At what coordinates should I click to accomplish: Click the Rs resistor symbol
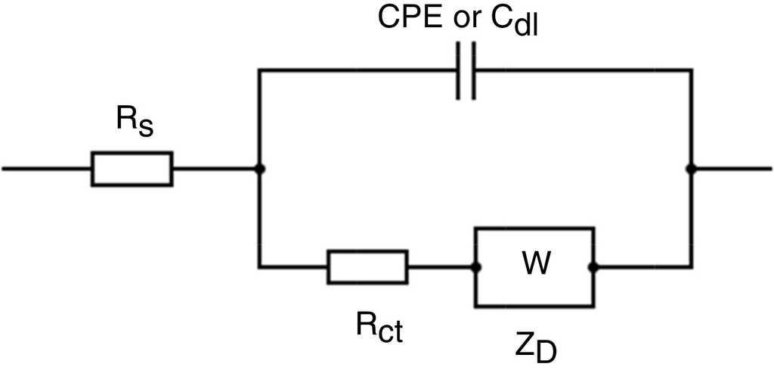point(132,169)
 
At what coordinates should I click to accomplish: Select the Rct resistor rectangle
point(367,267)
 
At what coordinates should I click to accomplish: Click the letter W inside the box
point(535,264)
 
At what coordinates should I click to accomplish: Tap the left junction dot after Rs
point(259,169)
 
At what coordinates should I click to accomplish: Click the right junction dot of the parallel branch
point(690,169)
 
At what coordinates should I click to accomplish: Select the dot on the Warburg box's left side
point(476,267)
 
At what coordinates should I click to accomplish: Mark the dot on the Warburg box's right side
point(594,267)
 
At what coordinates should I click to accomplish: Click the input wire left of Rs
point(45,169)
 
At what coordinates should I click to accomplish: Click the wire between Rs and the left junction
point(215,169)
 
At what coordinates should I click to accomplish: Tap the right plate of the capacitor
point(473,71)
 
